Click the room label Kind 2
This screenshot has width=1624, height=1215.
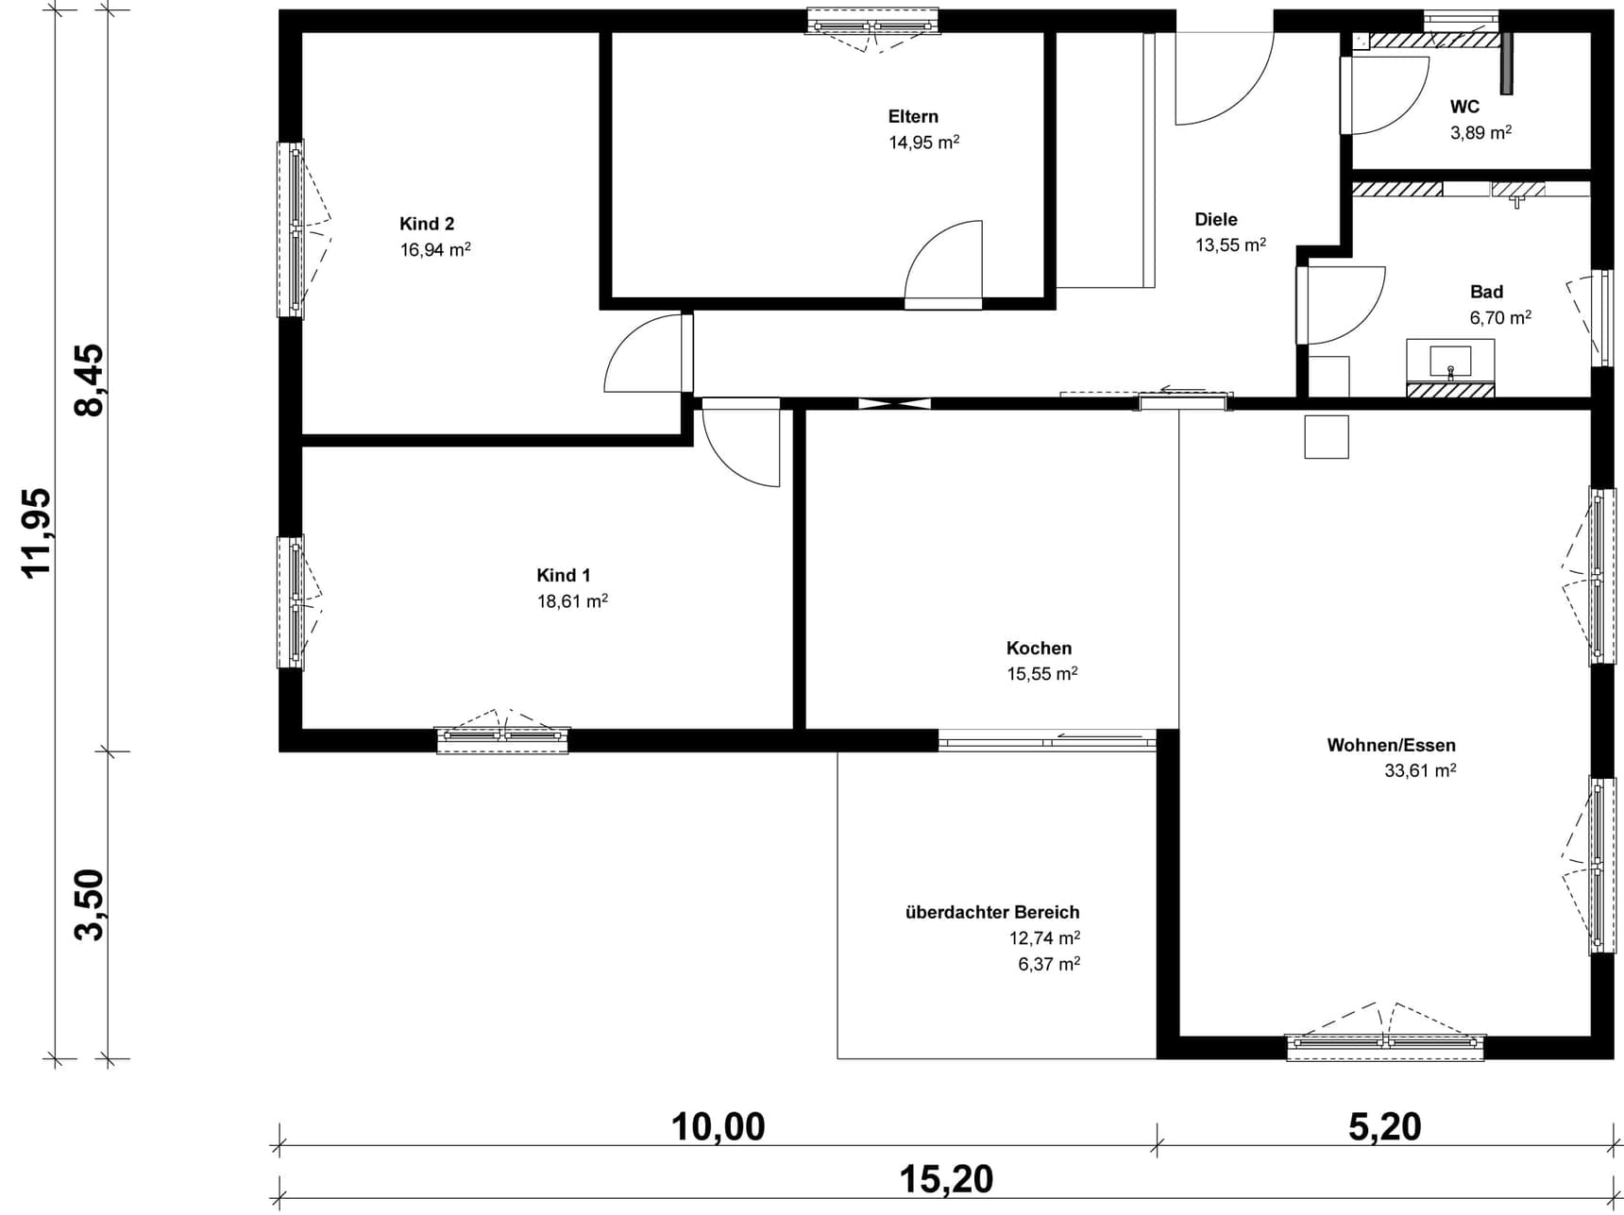[x=427, y=224]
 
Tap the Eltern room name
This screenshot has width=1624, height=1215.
[x=913, y=116]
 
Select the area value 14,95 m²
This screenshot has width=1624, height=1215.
[x=923, y=142]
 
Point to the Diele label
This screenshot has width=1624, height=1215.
[x=1216, y=219]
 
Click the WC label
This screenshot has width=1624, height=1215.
[x=1464, y=107]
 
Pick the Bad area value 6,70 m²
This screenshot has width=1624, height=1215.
[x=1500, y=317]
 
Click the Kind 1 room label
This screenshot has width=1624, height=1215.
[x=564, y=575]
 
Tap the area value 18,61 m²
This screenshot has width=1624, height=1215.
[x=572, y=600]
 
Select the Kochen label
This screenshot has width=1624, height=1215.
[x=1039, y=648]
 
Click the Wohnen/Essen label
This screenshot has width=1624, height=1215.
[x=1391, y=745]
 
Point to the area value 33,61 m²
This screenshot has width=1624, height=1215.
[x=1420, y=770]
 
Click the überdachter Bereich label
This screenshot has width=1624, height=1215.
[x=992, y=912]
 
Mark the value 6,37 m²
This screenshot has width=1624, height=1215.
[x=1049, y=964]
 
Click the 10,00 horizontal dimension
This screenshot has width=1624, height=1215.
[x=718, y=1126]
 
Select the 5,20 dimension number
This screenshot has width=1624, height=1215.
[x=1385, y=1126]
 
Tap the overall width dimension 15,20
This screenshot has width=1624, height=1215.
[x=946, y=1179]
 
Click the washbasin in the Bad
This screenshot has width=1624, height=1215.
[x=1450, y=361]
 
